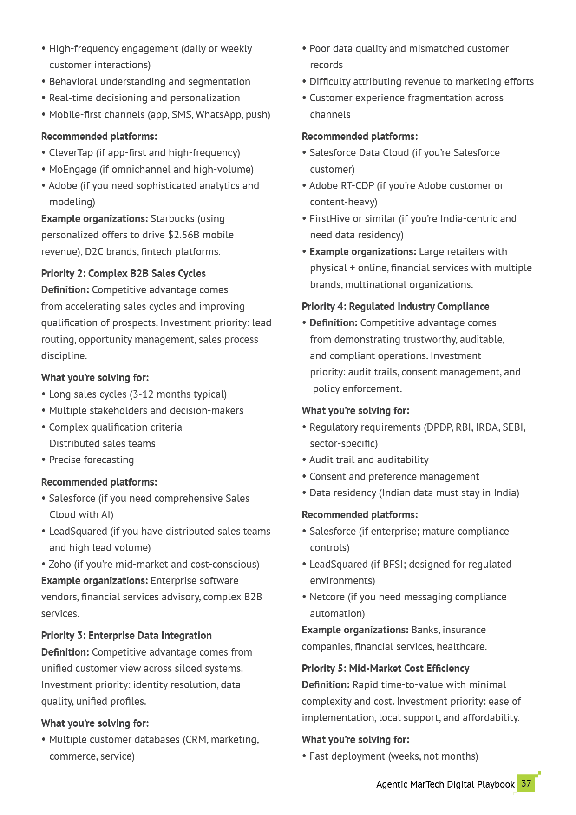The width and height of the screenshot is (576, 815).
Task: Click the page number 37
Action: (x=526, y=783)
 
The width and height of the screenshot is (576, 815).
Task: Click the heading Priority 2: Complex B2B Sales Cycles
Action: (x=123, y=273)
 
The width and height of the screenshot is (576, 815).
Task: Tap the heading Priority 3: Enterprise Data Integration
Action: (x=126, y=635)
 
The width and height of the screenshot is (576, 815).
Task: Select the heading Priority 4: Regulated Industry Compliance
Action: (x=395, y=306)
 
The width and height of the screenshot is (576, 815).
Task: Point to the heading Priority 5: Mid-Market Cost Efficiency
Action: (x=385, y=668)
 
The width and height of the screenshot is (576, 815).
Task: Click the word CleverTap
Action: (x=71, y=153)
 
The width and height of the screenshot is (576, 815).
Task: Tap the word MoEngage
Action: (x=72, y=170)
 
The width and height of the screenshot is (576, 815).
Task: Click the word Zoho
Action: (x=59, y=564)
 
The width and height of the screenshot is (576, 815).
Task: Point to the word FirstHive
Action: (x=329, y=219)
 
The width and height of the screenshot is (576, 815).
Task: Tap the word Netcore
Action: (x=327, y=597)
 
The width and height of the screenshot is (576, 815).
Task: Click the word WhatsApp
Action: (x=216, y=115)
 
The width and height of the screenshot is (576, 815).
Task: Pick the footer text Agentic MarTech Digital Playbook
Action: (x=445, y=784)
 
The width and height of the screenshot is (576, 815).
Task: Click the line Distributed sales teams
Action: (x=102, y=444)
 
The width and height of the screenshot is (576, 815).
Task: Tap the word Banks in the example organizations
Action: (x=425, y=630)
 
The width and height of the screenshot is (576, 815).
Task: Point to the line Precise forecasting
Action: (x=91, y=460)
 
